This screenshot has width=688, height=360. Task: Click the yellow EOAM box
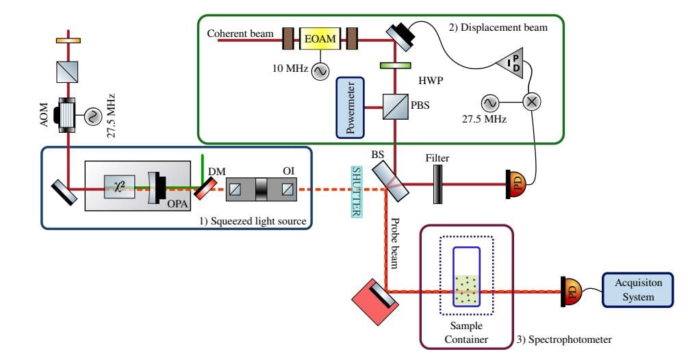[321, 40]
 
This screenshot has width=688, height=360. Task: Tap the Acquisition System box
[634, 290]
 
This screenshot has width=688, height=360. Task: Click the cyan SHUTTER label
[356, 192]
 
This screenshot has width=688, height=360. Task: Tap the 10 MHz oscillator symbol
[319, 70]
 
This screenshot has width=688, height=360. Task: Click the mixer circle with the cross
[531, 102]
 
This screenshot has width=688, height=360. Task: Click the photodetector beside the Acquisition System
[570, 290]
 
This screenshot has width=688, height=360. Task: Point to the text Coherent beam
[240, 34]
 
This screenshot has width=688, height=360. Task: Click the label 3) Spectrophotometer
[563, 339]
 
